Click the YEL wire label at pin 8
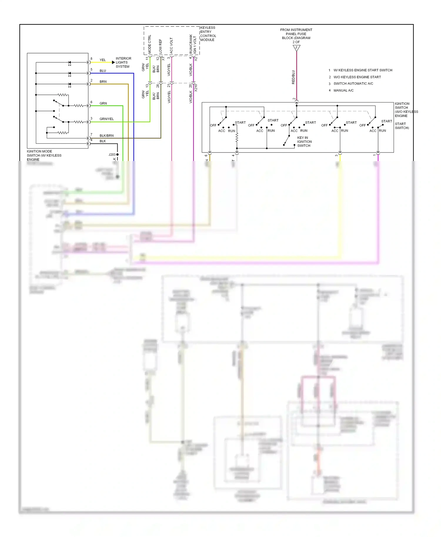102,60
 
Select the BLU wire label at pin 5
103,71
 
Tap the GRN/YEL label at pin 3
106,119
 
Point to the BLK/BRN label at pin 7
106,136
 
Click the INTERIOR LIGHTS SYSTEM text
123,63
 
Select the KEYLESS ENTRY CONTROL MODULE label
208,34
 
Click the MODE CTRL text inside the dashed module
150,44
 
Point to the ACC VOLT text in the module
171,45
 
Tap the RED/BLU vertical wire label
293,77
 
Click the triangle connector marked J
296,48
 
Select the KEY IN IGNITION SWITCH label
304,142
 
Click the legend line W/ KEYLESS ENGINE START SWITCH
363,70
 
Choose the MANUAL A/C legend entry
343,90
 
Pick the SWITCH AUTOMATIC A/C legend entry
353,84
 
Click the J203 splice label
112,155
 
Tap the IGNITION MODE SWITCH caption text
44,155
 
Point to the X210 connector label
196,88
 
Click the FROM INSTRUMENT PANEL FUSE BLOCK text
296,34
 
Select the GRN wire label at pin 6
103,103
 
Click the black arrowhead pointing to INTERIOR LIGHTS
113,62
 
